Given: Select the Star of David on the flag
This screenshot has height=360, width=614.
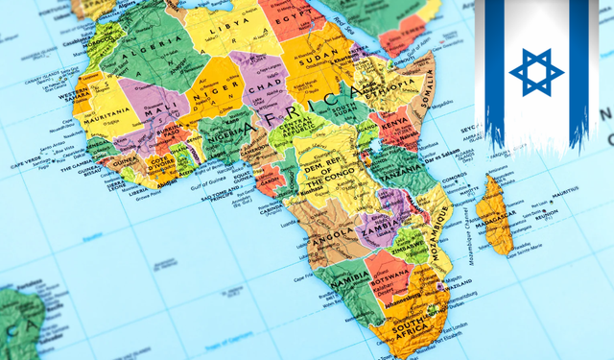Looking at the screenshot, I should click(531, 70).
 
